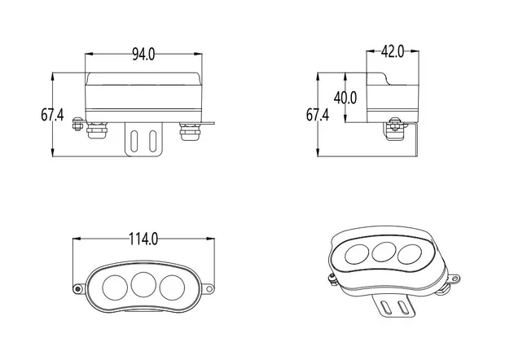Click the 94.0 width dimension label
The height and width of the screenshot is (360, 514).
coord(143,54)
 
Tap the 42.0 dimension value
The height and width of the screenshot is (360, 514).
coord(393,51)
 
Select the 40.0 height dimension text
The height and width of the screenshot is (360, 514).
coord(345,98)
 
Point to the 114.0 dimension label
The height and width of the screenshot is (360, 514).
coord(143,239)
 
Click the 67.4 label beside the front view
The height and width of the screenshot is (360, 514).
coord(52,115)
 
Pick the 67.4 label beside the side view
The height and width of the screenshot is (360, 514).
coord(318,115)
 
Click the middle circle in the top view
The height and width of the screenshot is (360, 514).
coord(143,284)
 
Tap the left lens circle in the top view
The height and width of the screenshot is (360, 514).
coord(115,288)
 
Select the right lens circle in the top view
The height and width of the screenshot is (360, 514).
coord(172,288)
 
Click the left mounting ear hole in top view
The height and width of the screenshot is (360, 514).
coord(77,289)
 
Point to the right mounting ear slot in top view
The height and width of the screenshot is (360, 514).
coord(210,289)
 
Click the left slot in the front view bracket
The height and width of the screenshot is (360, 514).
coord(134,141)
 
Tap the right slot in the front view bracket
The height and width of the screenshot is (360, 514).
coord(153,141)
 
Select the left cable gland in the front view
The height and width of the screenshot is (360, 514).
coord(97,131)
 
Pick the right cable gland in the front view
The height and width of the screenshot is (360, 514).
coord(190,131)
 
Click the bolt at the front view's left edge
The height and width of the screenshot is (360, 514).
coord(77,124)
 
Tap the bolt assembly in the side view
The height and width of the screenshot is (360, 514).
coord(394,129)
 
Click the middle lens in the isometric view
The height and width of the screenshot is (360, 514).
coord(384,252)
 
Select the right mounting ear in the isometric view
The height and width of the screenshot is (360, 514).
coord(454,279)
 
